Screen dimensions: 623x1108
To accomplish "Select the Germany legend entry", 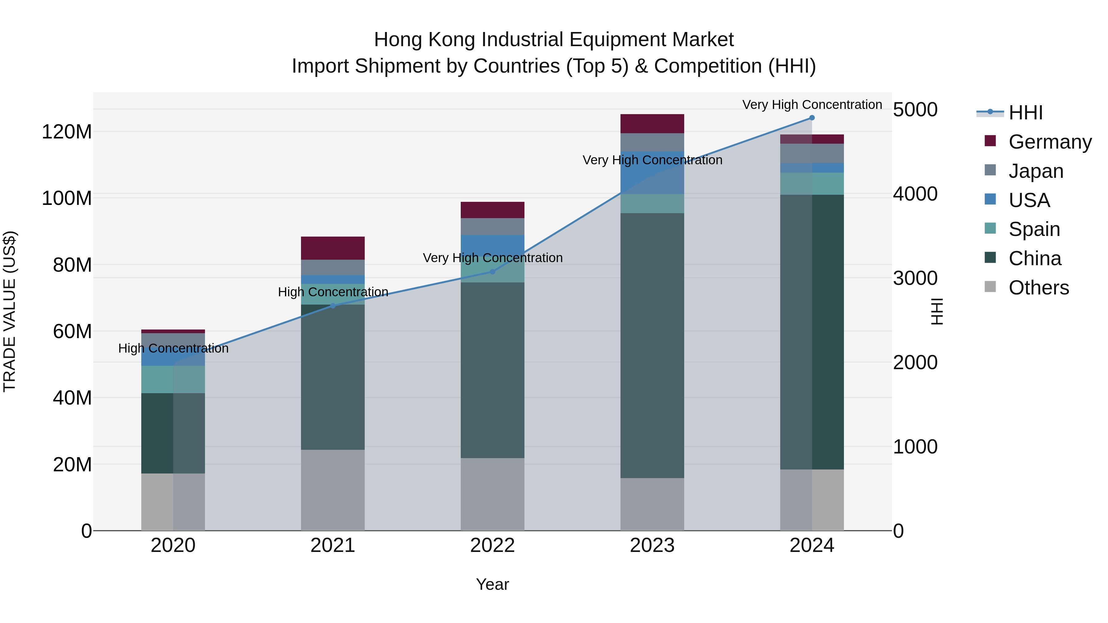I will tap(1050, 142).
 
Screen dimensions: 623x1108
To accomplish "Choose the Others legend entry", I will tap(1038, 288).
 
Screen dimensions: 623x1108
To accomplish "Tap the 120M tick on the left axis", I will tap(67, 132).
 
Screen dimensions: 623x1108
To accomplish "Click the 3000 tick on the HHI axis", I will tap(915, 278).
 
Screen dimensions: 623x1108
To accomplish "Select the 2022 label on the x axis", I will tap(492, 545).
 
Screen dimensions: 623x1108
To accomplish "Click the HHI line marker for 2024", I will tap(812, 118).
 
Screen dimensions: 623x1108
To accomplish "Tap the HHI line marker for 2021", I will tap(332, 306).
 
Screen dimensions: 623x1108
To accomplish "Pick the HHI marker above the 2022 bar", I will tap(492, 272).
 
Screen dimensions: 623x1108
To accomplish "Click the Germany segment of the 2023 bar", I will tap(652, 124).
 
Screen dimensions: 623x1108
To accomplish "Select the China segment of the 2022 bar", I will tap(492, 370).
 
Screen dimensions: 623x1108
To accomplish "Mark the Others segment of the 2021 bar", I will tap(332, 490).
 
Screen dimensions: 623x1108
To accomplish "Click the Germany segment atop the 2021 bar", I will tap(332, 248).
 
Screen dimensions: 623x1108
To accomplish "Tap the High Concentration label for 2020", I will tap(173, 348).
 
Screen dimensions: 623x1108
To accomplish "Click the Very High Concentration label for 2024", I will tap(812, 105).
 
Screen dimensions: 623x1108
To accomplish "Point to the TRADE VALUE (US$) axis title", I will tap(10, 311).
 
